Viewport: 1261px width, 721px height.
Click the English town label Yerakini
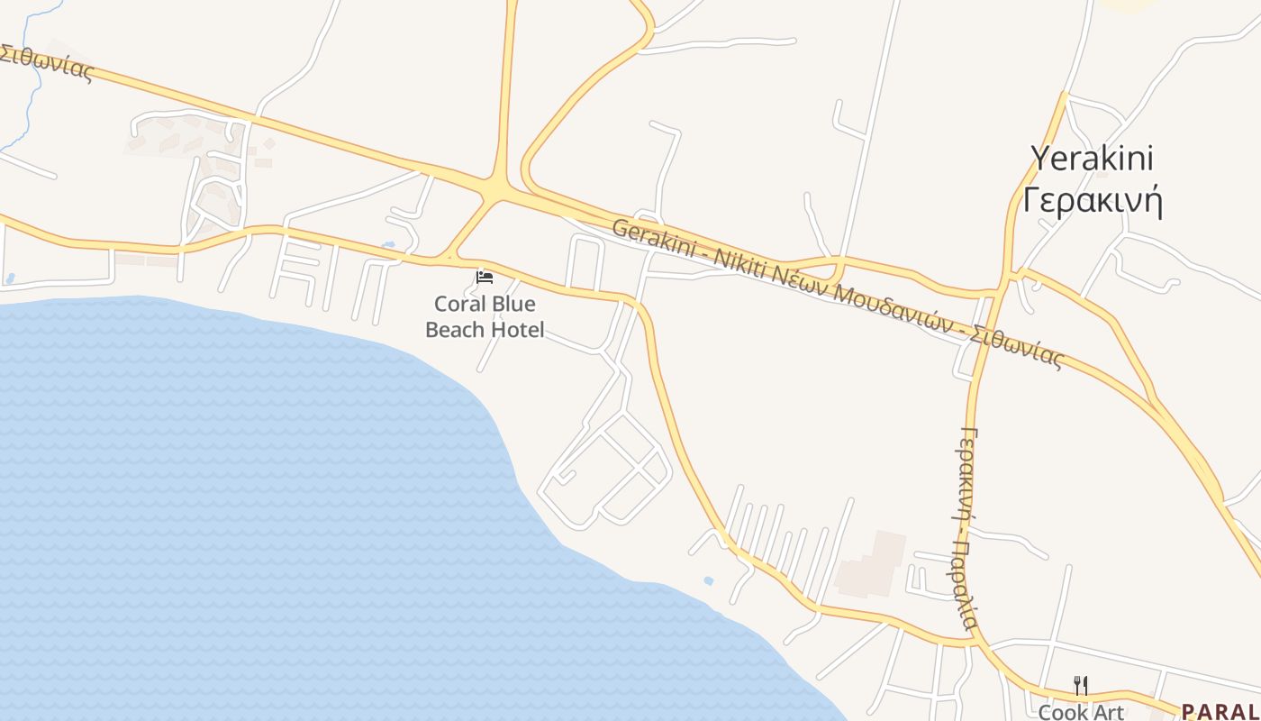tap(1092, 159)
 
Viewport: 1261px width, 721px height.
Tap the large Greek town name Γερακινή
tap(1092, 200)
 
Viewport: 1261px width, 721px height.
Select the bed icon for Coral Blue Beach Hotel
tap(485, 277)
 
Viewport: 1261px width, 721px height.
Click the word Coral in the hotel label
tap(460, 304)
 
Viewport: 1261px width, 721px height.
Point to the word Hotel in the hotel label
tap(517, 330)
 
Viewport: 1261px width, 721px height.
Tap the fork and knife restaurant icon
tap(1081, 686)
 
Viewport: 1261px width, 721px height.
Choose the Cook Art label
tap(1081, 712)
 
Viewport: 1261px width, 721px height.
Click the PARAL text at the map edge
tap(1220, 712)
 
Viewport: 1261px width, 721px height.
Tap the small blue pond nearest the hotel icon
tap(388, 244)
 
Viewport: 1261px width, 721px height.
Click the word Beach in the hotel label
tap(453, 330)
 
